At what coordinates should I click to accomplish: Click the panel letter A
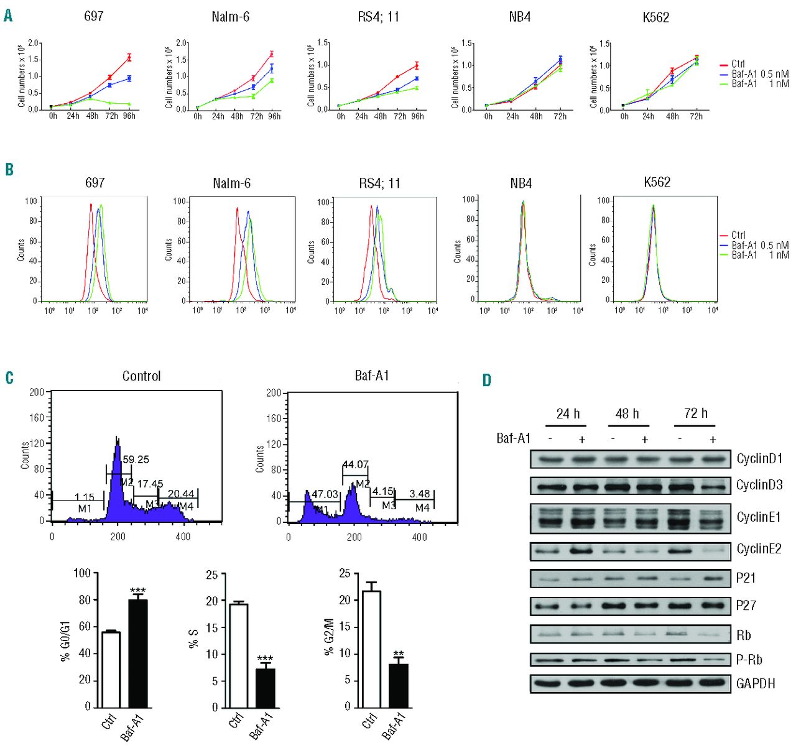coord(8,16)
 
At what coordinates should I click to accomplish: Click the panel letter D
coord(486,379)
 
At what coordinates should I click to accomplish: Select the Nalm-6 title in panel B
coord(231,183)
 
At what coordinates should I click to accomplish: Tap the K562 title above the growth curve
coord(656,17)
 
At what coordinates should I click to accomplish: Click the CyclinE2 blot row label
coord(759,549)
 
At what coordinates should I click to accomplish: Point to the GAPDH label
coord(756,684)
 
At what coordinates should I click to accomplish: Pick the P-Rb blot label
coord(749,660)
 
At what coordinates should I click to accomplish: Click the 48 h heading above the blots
coord(627,413)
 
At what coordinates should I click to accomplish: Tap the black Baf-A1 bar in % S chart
coord(265,688)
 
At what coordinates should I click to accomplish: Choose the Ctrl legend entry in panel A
coord(738,64)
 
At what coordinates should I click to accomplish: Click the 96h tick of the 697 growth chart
coord(129,116)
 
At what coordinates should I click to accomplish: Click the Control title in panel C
coord(141,376)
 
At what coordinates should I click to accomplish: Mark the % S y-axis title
coord(193,640)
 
